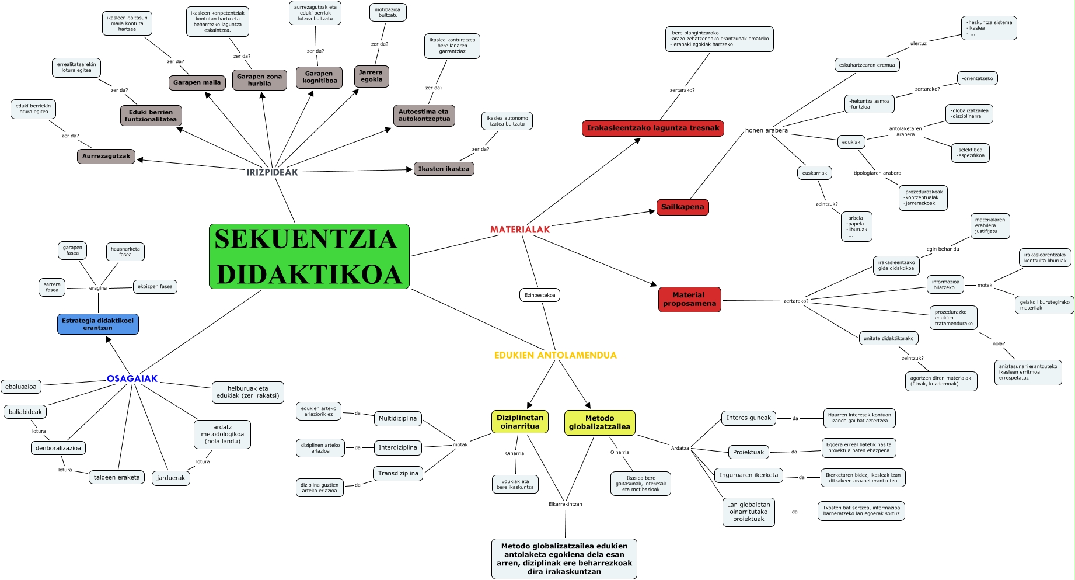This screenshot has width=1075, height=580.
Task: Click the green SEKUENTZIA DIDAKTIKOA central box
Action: tap(309, 256)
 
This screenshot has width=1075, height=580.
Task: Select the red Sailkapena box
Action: tap(682, 207)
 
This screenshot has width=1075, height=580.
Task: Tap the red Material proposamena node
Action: tap(689, 300)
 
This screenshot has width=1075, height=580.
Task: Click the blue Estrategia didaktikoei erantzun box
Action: tap(98, 324)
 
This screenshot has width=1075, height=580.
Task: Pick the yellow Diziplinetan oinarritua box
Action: tap(520, 422)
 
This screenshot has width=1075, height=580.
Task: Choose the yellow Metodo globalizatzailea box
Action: tap(599, 422)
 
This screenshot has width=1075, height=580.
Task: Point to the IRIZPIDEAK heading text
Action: tap(272, 172)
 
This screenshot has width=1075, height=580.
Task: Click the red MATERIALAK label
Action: tap(520, 230)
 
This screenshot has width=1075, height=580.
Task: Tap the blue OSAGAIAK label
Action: tap(132, 378)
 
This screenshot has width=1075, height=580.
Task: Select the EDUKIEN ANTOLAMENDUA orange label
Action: tap(555, 355)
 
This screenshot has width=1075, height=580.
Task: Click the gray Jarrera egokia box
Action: tap(371, 76)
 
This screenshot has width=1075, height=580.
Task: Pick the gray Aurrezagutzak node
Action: tap(106, 157)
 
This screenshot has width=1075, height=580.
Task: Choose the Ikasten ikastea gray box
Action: tap(444, 169)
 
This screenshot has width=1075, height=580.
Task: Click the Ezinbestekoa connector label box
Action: tap(540, 295)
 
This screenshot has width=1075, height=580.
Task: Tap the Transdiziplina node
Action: tap(398, 473)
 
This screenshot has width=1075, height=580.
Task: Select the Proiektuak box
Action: tap(748, 452)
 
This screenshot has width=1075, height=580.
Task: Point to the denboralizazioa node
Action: tap(58, 448)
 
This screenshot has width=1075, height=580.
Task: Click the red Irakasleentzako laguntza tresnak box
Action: tap(652, 128)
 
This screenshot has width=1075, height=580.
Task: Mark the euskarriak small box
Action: tap(814, 173)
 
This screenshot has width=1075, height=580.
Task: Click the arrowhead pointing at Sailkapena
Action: tap(652, 211)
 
